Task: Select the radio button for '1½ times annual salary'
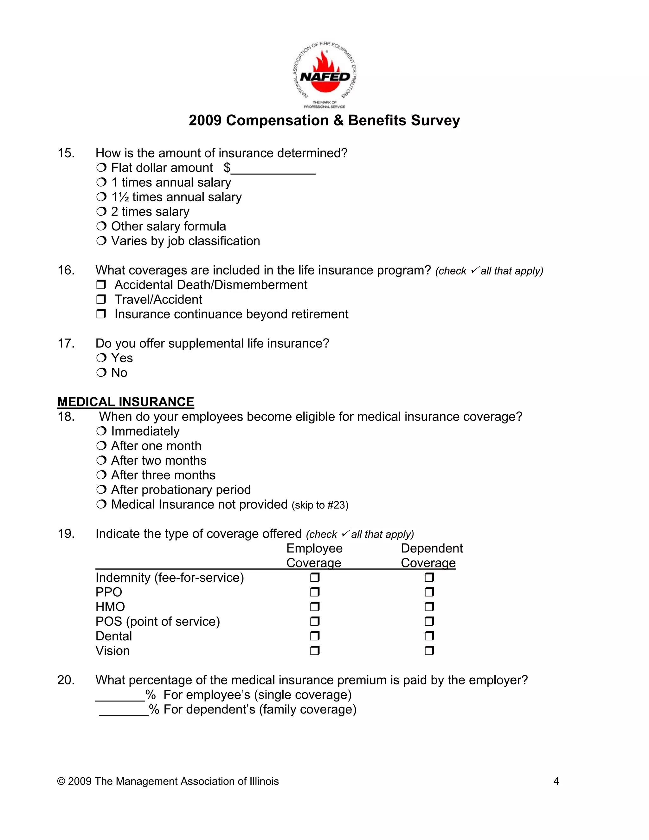tap(101, 197)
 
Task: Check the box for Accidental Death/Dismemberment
tap(101, 285)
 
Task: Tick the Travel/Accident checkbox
tap(101, 300)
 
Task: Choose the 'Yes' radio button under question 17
tap(101, 358)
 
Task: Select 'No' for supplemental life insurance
tap(101, 373)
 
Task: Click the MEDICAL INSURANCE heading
tap(126, 402)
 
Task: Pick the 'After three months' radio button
tap(101, 475)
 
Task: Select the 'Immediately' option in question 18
tap(101, 431)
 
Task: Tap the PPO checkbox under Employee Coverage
tap(315, 592)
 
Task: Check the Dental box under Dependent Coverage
tap(429, 636)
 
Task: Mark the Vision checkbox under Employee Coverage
tap(315, 651)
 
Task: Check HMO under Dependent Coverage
tap(429, 607)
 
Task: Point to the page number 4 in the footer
tap(556, 781)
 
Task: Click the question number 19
tap(66, 534)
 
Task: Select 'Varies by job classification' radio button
tap(101, 241)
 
